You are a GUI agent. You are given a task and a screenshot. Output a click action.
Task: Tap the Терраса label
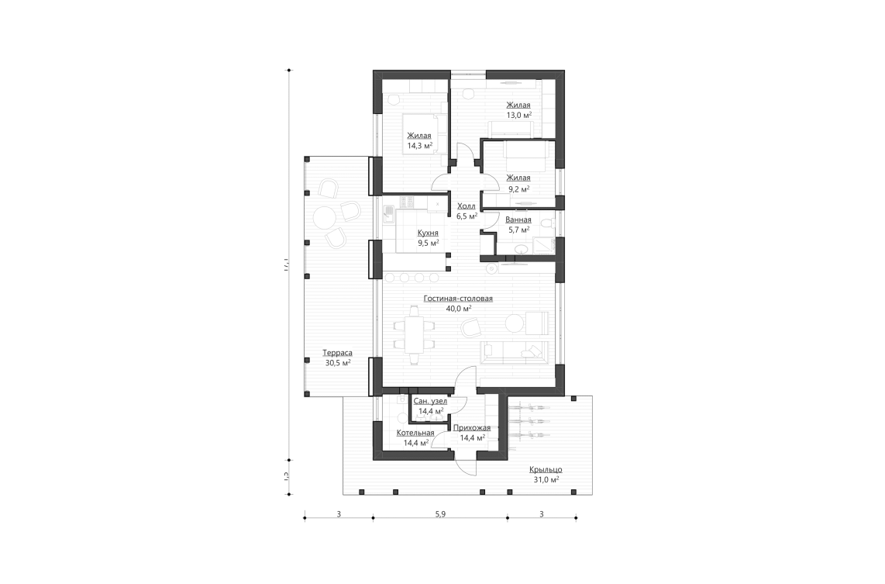(x=337, y=352)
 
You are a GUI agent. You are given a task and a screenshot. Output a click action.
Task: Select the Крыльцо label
(x=546, y=469)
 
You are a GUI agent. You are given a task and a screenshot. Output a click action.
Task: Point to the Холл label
(x=467, y=206)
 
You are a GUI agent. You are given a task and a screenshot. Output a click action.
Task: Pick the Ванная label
(x=518, y=220)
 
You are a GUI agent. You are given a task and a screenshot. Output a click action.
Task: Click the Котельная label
(x=415, y=433)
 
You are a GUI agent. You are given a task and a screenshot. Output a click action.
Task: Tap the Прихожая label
(x=472, y=428)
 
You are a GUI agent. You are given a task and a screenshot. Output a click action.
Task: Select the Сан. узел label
(x=430, y=401)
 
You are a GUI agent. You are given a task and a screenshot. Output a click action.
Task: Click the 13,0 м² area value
(x=518, y=114)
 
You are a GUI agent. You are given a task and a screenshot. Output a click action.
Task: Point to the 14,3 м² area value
(x=419, y=145)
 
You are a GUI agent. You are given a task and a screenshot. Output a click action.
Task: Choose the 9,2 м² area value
(x=518, y=188)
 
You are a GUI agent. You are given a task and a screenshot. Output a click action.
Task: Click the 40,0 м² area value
(x=458, y=308)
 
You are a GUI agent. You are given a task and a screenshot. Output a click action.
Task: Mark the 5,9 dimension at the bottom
(x=440, y=513)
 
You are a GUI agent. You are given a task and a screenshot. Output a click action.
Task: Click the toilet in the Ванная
(x=546, y=225)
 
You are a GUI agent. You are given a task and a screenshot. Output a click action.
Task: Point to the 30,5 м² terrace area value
(x=337, y=362)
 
